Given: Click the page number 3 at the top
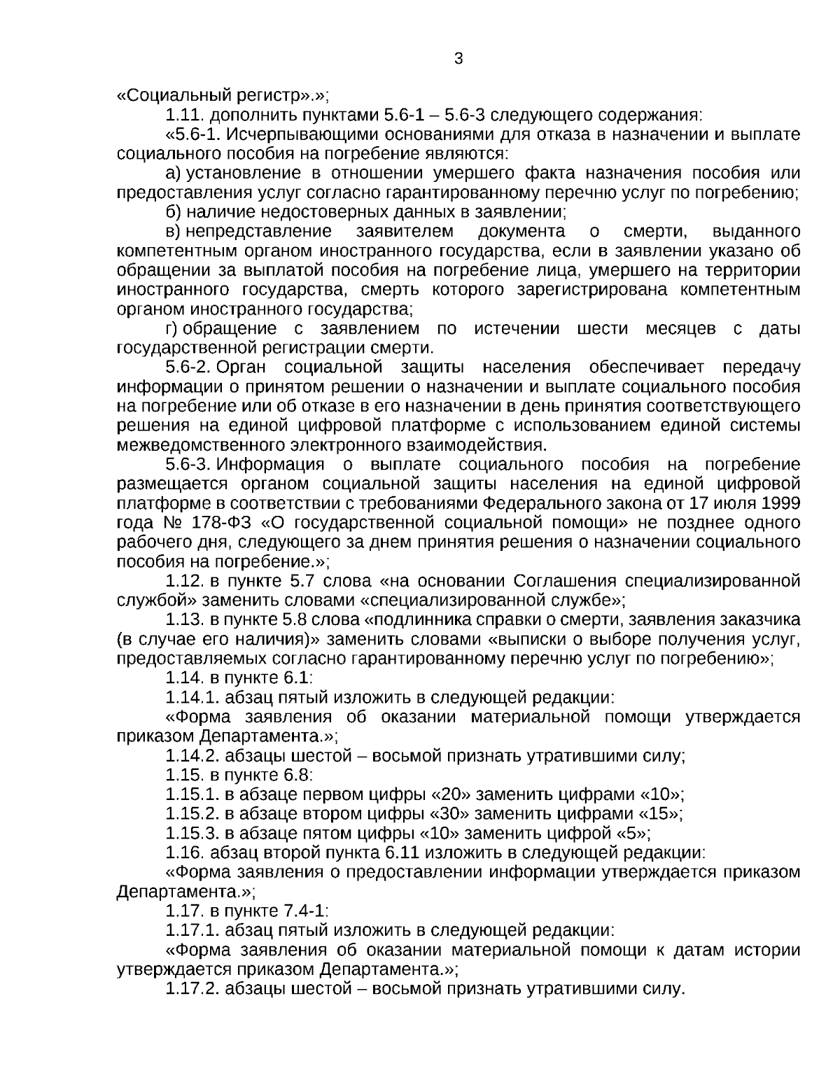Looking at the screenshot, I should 458,59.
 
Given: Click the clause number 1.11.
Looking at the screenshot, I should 185,115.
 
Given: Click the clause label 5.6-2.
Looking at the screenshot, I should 188,367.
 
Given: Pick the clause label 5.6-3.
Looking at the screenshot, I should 188,465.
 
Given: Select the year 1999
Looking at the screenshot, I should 780,503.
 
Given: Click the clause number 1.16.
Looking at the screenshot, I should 185,853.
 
